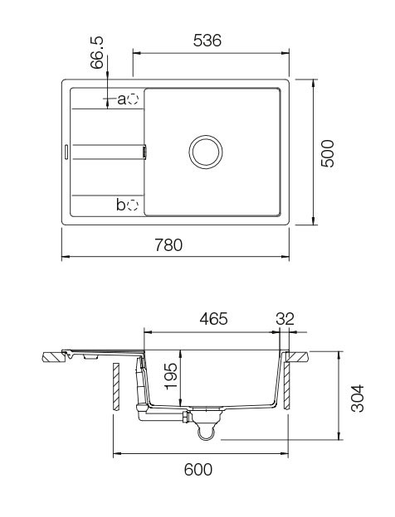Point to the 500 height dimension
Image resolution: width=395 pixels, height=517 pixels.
pos(329,153)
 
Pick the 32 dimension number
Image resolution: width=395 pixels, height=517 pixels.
pos(286,319)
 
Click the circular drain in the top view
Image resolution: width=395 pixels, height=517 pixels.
pos(205,152)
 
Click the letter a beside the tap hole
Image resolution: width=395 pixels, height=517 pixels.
pos(121,99)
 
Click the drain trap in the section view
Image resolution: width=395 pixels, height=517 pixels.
pos(205,426)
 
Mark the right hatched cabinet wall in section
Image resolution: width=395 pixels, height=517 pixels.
pos(286,385)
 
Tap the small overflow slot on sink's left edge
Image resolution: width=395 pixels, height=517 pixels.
pos(64,152)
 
